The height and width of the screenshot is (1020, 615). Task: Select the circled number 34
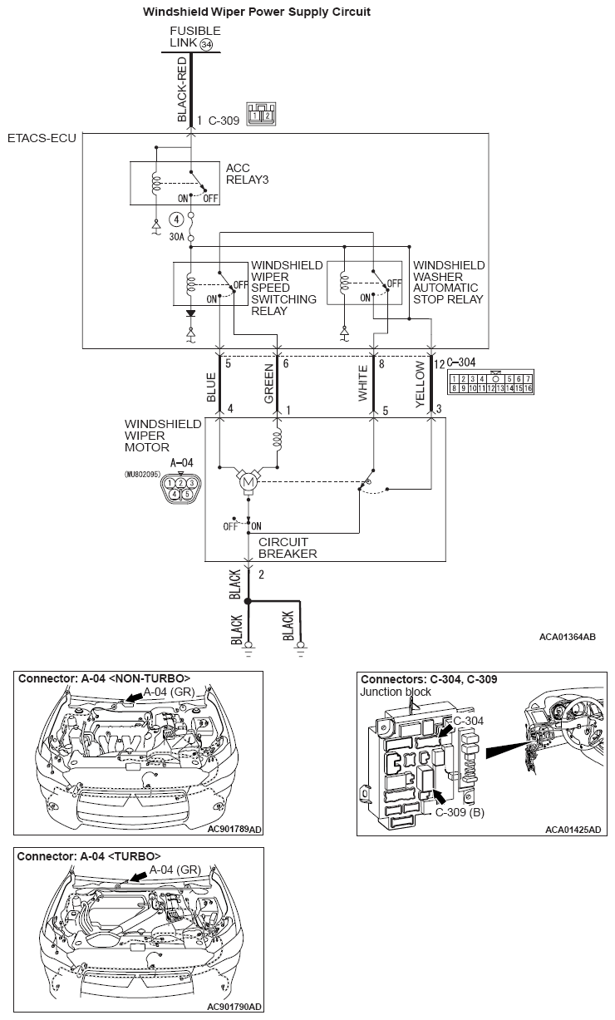click(x=206, y=43)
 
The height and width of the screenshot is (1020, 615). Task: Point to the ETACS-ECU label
click(x=41, y=137)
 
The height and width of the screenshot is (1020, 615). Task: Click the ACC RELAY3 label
click(x=247, y=174)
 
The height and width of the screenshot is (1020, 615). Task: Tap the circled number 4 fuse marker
click(x=175, y=219)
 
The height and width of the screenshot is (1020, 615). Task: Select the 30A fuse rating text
click(x=175, y=237)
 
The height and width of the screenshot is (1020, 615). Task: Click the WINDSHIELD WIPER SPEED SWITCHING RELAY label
click(x=286, y=288)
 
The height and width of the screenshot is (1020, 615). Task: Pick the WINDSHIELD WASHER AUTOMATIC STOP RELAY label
click(x=449, y=282)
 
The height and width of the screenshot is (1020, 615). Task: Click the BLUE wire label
click(x=211, y=387)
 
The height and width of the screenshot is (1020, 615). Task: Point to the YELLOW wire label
click(x=421, y=387)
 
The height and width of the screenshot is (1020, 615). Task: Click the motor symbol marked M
click(x=248, y=480)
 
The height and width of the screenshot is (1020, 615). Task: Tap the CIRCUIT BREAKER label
click(x=288, y=548)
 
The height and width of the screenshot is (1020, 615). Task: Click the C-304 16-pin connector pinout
click(x=490, y=383)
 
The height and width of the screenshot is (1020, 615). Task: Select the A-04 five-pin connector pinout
click(x=181, y=488)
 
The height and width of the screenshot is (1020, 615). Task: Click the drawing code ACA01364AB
click(x=567, y=637)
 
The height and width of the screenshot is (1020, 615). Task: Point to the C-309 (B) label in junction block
click(x=460, y=812)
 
